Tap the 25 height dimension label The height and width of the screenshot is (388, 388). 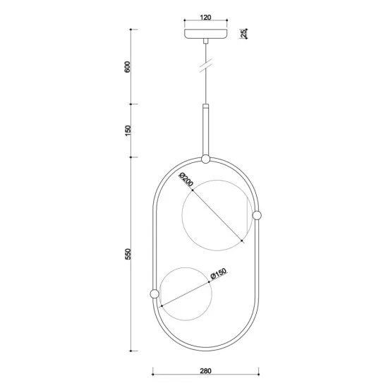click(x=242, y=34)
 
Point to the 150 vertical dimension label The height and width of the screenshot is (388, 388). click(x=128, y=131)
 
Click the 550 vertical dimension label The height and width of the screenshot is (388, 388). click(x=128, y=254)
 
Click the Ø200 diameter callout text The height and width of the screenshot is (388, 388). click(x=187, y=180)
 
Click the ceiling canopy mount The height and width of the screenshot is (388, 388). click(x=205, y=34)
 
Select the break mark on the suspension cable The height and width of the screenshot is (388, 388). click(x=205, y=67)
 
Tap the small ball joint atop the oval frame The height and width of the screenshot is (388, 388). click(x=205, y=159)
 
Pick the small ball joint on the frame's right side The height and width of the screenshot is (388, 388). click(x=257, y=214)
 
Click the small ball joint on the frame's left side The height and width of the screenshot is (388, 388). click(x=154, y=293)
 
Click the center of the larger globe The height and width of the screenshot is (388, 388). click(x=216, y=214)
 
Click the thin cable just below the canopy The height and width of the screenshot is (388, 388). click(x=205, y=49)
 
